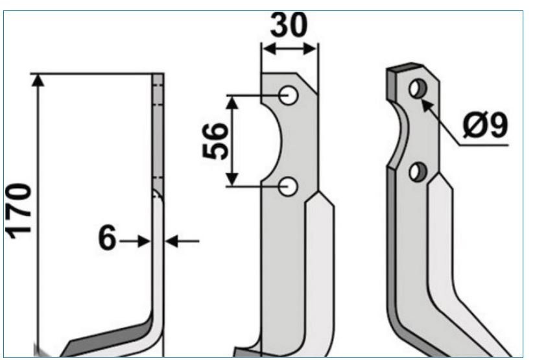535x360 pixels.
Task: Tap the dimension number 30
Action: point(289,25)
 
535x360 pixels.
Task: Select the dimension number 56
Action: point(215,141)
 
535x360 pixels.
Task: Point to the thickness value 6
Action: point(107,238)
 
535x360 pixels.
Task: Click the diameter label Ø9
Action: point(485,125)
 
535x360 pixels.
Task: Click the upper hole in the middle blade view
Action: point(289,95)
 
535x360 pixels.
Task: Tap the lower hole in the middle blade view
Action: point(289,187)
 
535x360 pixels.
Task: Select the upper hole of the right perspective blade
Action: point(418,89)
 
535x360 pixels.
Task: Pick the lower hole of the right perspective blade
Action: point(418,172)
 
